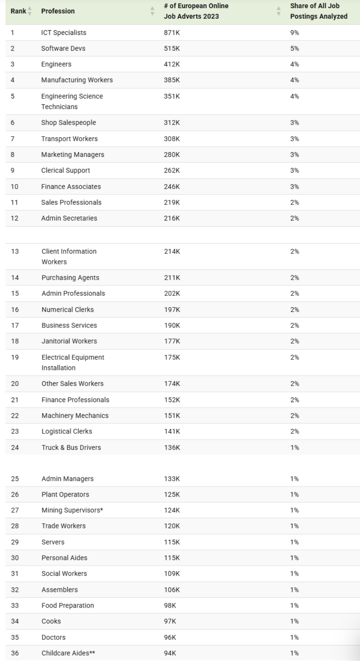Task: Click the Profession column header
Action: [58, 11]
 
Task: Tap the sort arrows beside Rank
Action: [30, 11]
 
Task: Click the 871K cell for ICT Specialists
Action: [172, 33]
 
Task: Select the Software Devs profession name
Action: [63, 49]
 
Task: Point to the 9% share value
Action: [295, 33]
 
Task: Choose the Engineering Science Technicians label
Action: [72, 101]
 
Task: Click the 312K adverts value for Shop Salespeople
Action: [172, 123]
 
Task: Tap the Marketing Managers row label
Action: [73, 155]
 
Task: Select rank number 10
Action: [15, 187]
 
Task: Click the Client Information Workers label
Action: [69, 257]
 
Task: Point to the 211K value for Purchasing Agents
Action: [172, 278]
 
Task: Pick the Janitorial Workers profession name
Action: [69, 341]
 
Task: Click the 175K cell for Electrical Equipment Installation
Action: [172, 357]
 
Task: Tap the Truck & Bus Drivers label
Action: [71, 448]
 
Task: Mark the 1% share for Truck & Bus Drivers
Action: [295, 448]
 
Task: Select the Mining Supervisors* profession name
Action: [69, 510]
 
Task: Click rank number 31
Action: [15, 574]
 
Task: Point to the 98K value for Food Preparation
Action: [170, 606]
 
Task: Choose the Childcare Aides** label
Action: [68, 653]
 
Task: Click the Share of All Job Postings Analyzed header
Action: [318, 11]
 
